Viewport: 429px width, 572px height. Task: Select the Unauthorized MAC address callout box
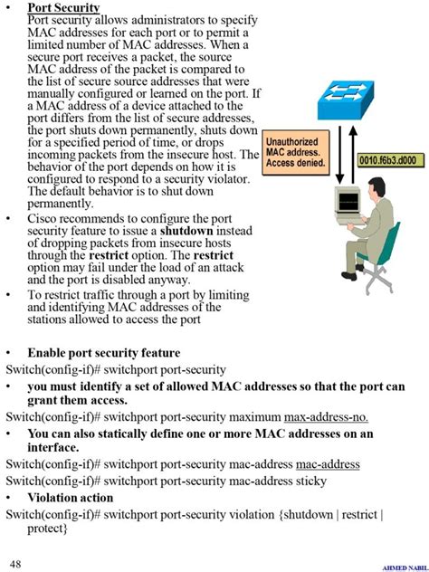point(294,153)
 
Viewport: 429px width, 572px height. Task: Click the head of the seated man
point(372,186)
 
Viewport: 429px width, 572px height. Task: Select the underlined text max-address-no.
point(326,417)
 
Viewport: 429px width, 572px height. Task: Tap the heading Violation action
point(70,497)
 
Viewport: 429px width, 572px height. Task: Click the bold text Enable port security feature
point(103,353)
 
